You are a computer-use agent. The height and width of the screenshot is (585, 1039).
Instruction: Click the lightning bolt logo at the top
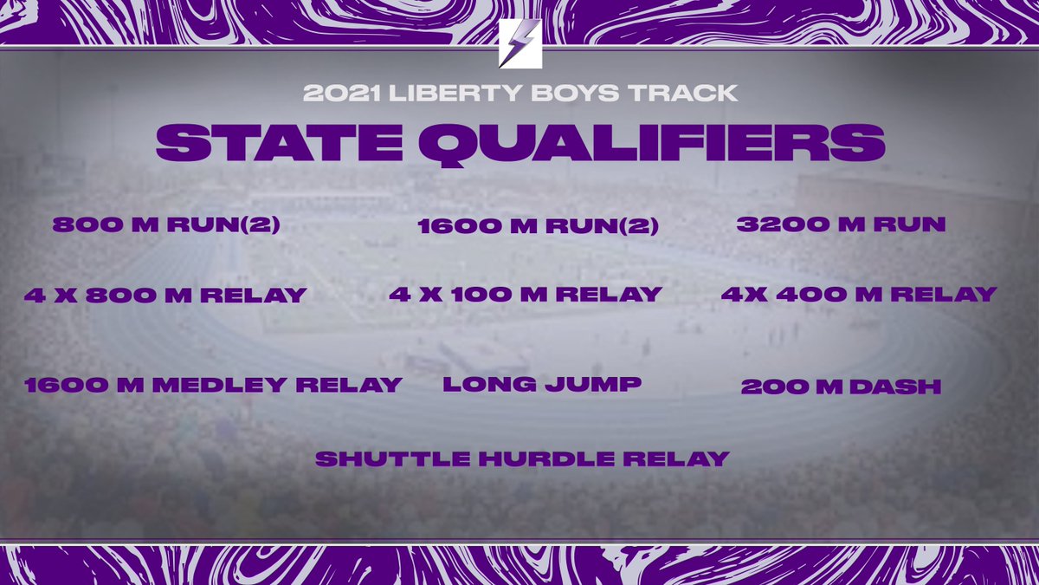click(520, 43)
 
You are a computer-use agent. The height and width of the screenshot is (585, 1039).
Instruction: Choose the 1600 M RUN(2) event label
click(538, 227)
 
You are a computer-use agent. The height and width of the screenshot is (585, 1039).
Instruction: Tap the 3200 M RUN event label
click(841, 224)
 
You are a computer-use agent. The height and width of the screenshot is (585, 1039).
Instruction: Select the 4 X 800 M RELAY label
click(165, 296)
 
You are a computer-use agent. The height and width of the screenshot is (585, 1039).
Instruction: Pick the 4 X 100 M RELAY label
click(526, 295)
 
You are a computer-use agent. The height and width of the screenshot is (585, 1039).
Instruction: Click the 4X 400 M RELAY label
click(859, 295)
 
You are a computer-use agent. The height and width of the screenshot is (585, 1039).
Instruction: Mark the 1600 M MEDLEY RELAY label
click(214, 385)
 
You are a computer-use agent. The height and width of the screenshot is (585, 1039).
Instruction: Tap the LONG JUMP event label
click(542, 384)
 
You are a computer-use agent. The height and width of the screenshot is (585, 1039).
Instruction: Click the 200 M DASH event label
click(841, 387)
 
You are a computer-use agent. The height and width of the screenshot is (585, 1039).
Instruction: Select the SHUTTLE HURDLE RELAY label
click(522, 458)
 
